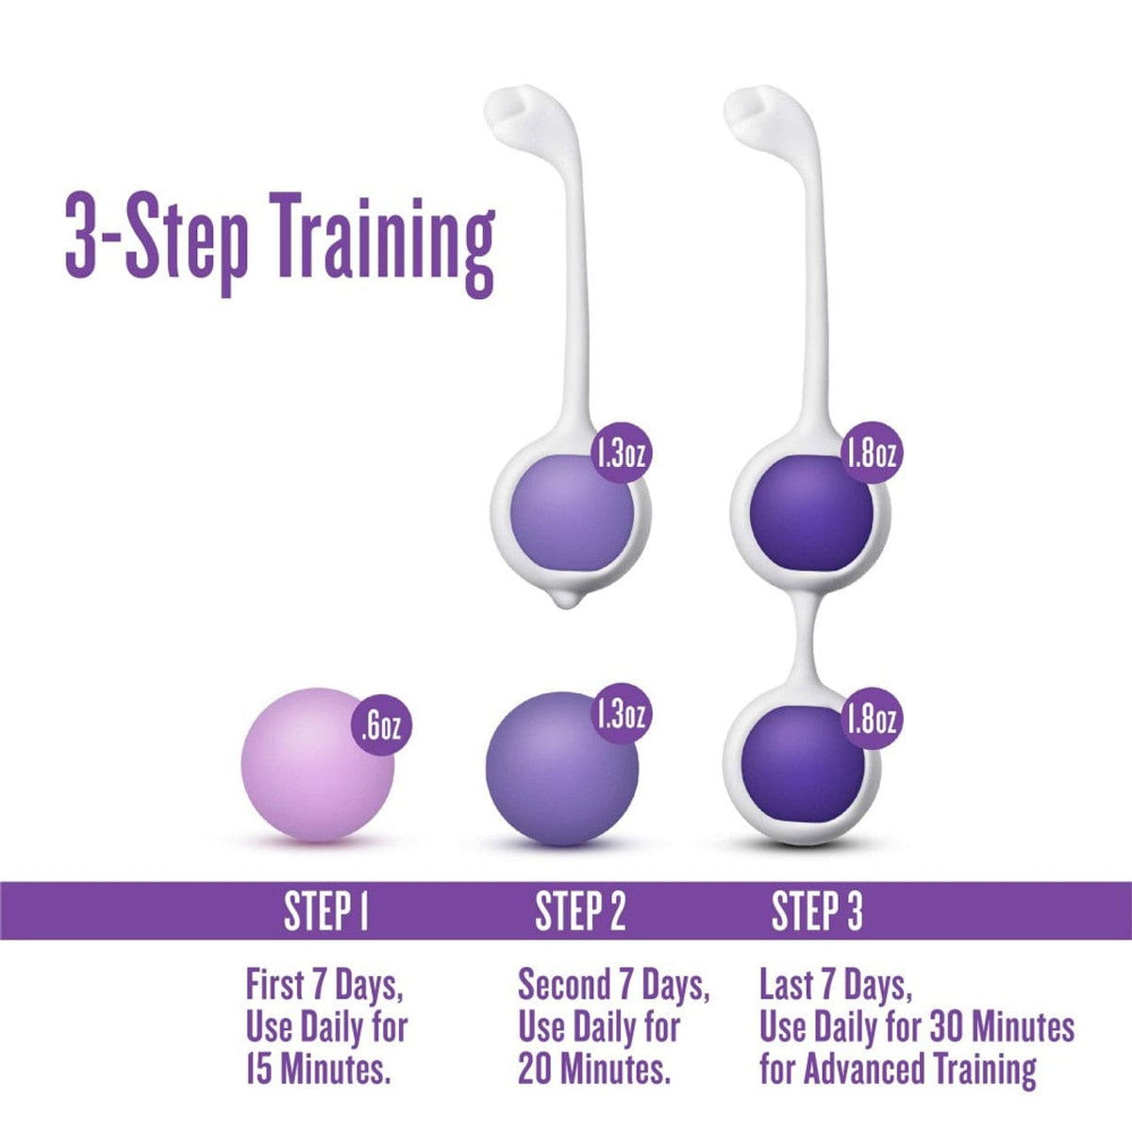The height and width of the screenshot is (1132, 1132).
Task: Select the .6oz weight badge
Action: pyautogui.click(x=381, y=727)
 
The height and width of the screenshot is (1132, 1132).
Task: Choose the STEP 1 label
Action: pyautogui.click(x=325, y=912)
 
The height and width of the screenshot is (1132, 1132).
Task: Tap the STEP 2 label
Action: pyautogui.click(x=580, y=912)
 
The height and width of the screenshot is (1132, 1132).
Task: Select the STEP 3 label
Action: pyautogui.click(x=817, y=912)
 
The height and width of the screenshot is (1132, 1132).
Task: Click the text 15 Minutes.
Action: pyautogui.click(x=317, y=1071)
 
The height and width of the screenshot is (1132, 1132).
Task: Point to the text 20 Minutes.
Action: pyautogui.click(x=593, y=1071)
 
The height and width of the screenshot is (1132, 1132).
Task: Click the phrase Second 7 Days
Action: pyautogui.click(x=613, y=987)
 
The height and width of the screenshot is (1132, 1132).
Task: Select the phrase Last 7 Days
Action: pyautogui.click(x=835, y=987)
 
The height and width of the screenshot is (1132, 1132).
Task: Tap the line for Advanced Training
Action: pyautogui.click(x=896, y=1071)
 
